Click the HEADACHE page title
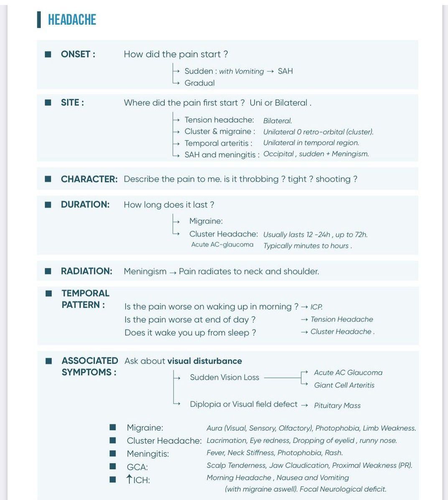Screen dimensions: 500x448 point(72,20)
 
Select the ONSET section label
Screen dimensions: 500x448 point(78,54)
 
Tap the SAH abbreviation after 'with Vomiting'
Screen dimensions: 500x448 point(285,71)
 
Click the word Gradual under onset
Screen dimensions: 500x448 point(199,83)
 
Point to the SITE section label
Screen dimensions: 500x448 point(72,103)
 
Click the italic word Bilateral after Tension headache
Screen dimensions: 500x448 point(277,121)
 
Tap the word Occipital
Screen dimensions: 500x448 point(278,154)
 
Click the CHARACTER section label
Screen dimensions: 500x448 point(89,179)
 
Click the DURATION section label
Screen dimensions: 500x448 point(85,204)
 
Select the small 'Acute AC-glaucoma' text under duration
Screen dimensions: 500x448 point(222,245)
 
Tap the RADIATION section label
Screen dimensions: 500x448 point(87,271)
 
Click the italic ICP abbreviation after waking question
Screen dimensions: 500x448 point(316,307)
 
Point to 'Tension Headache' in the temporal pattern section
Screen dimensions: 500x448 point(341,319)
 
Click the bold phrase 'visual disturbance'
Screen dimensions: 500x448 point(204,361)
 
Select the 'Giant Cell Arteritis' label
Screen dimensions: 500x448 point(344,385)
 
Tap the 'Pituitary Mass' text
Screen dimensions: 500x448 point(337,406)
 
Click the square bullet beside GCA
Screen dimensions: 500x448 point(112,467)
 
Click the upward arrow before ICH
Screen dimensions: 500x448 point(130,479)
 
